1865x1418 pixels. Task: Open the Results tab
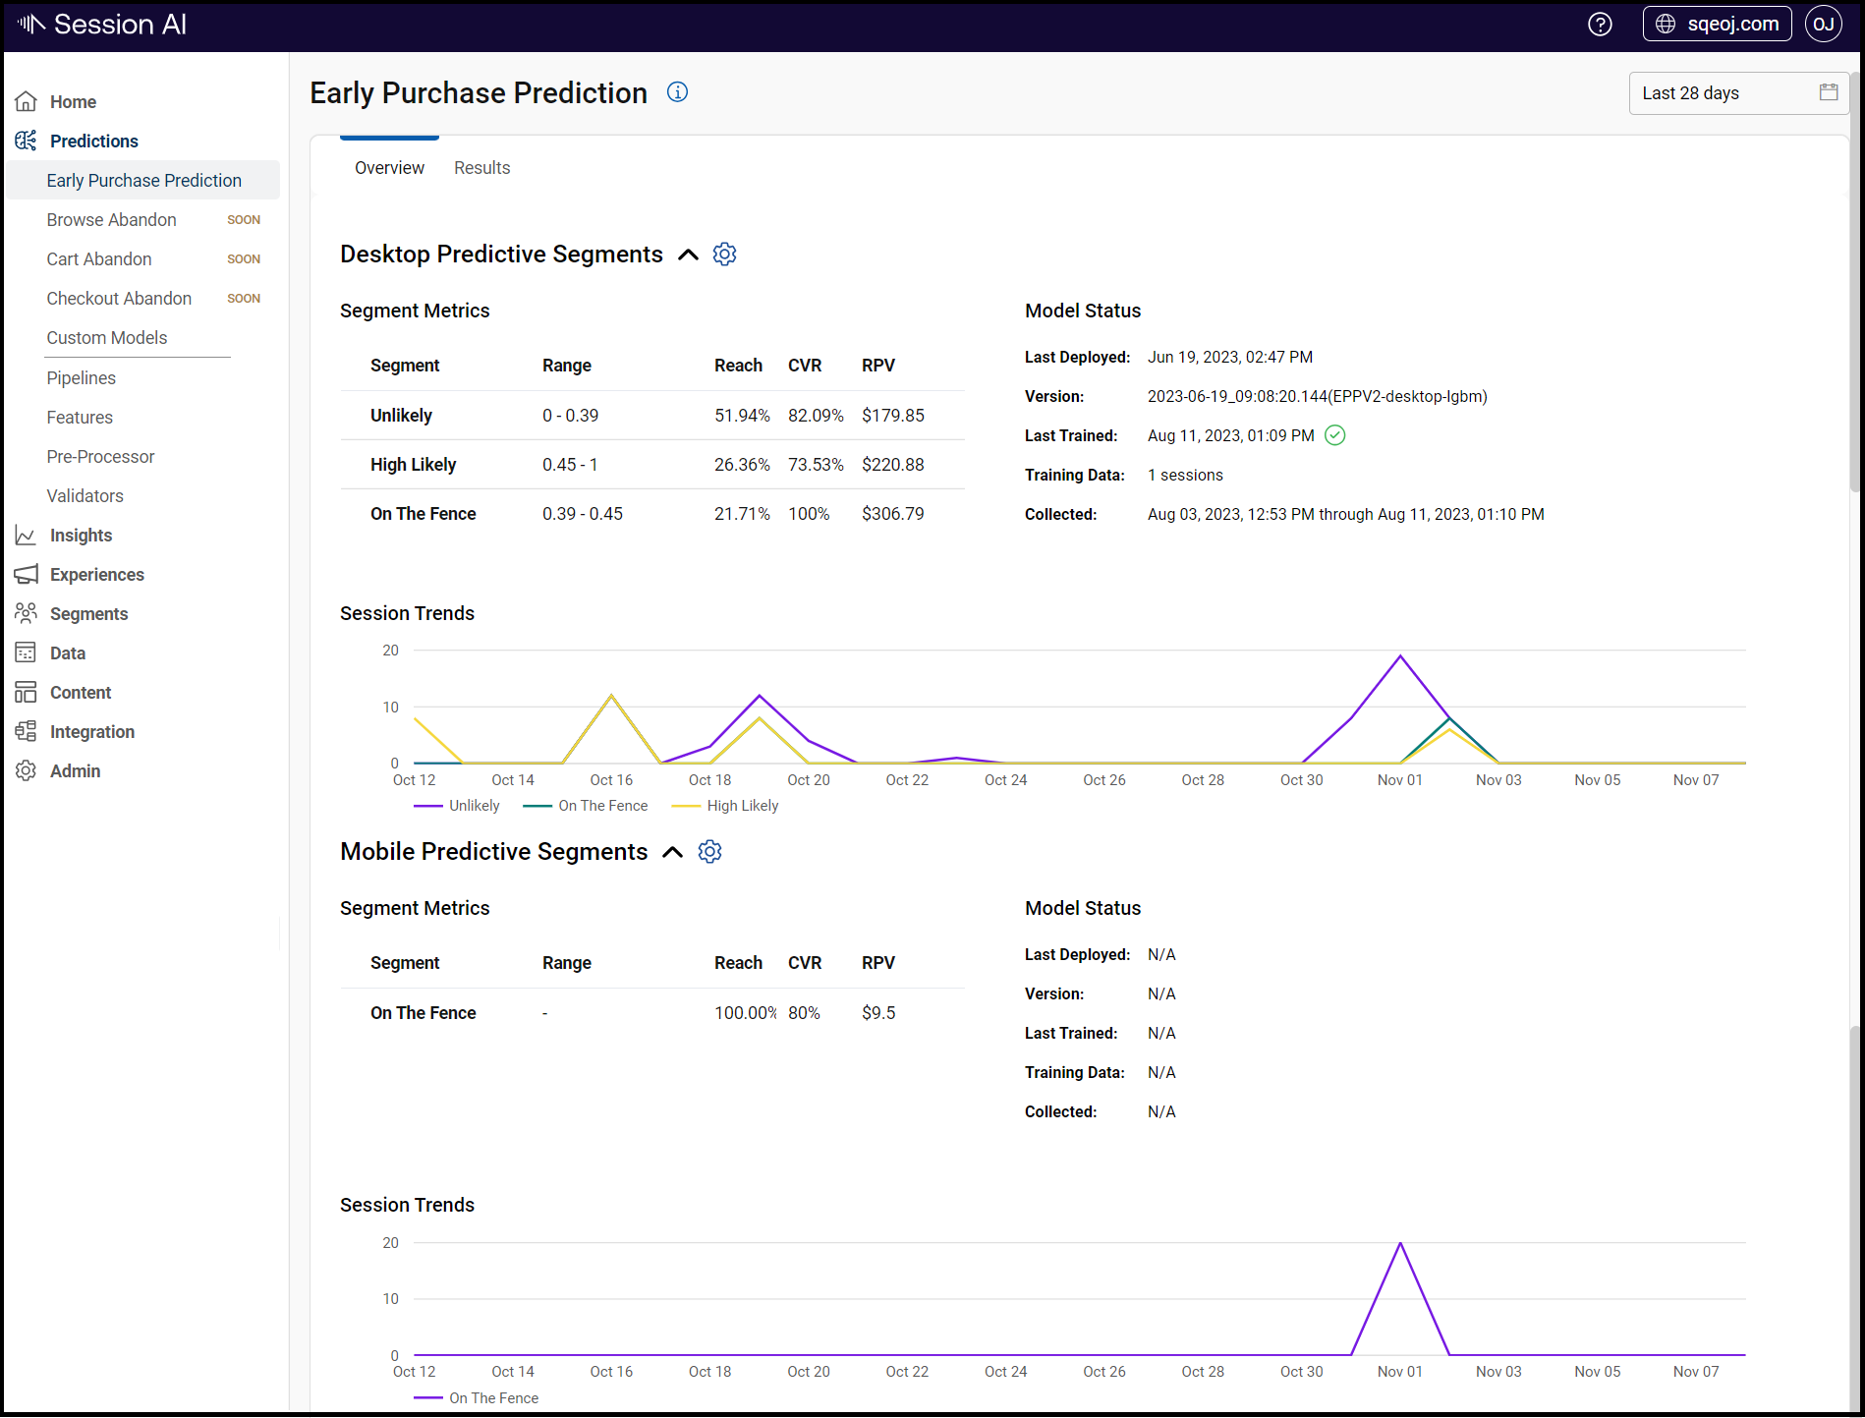pos(481,168)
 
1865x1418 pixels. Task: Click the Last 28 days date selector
pos(1737,93)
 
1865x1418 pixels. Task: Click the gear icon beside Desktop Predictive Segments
pos(724,255)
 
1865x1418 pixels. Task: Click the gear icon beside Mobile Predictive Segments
pos(709,852)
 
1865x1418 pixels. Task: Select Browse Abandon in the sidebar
pos(111,220)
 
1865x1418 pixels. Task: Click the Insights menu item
pos(81,536)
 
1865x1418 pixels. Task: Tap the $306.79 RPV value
pos(892,514)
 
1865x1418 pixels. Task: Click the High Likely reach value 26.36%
pos(741,465)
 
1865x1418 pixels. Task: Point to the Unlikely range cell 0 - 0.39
pos(570,416)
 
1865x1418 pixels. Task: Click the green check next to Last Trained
pos(1334,435)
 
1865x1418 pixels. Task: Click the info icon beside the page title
pos(677,92)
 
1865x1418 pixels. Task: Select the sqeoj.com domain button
pos(1717,25)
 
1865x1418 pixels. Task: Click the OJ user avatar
pos(1823,25)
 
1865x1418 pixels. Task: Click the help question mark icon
pos(1600,25)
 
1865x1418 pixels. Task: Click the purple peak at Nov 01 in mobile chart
pos(1399,1245)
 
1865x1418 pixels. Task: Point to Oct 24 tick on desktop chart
pos(1005,780)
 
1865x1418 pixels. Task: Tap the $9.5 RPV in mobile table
pos(877,1013)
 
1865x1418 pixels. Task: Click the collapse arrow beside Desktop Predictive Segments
pos(689,255)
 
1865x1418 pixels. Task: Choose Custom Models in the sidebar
pos(106,338)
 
